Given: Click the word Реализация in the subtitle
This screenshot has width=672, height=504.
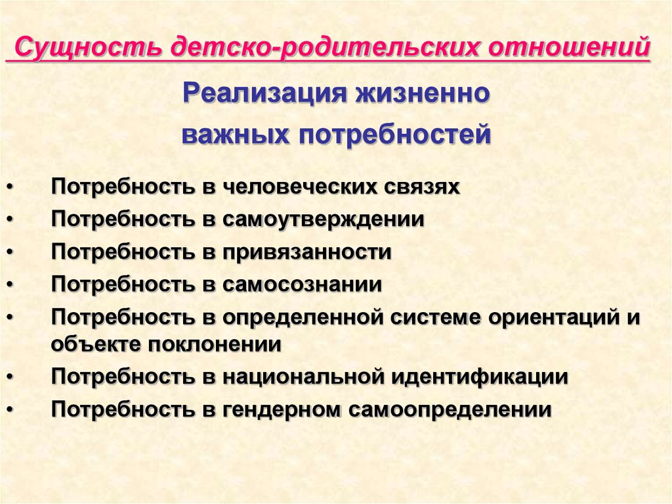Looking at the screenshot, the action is (264, 93).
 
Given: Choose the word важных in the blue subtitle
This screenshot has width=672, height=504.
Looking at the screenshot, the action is (236, 134).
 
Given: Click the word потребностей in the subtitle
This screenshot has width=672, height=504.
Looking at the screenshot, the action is (394, 134).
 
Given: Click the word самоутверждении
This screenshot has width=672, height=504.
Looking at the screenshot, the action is (323, 219).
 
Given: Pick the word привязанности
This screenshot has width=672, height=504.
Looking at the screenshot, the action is (307, 252).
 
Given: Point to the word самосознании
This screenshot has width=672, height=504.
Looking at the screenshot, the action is (302, 285).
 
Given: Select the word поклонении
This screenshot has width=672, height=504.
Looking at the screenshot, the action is (215, 344).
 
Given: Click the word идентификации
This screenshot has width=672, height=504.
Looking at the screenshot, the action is (480, 377).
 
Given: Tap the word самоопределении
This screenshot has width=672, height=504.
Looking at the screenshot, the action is (450, 409).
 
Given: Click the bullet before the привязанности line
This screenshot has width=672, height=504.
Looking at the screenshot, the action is (10, 252).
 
